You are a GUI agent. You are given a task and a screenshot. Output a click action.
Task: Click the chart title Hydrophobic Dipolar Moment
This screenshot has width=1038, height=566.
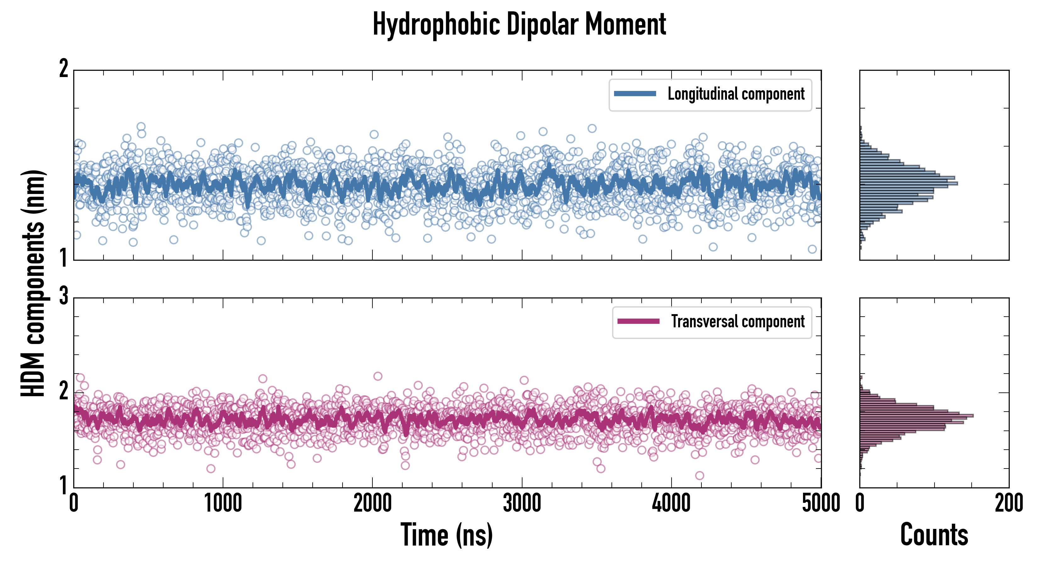519,24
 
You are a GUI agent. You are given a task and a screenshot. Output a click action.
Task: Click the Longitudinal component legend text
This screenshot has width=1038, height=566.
736,94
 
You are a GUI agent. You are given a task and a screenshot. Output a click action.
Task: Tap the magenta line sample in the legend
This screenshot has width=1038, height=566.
638,321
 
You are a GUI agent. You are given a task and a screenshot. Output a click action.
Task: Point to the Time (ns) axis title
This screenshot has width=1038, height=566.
446,535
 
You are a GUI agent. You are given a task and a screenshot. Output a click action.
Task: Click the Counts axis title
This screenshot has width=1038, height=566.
934,535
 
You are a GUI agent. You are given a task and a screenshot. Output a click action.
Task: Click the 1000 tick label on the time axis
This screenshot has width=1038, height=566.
223,503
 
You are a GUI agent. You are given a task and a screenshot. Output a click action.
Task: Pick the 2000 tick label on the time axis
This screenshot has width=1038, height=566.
372,503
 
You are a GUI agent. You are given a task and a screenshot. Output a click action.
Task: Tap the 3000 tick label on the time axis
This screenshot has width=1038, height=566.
522,503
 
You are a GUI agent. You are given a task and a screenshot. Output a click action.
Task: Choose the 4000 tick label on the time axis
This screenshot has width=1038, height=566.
671,503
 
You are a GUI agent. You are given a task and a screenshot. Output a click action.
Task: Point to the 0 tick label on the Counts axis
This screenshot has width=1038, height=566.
860,503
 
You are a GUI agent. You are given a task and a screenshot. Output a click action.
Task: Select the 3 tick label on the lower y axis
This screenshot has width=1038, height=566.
64,296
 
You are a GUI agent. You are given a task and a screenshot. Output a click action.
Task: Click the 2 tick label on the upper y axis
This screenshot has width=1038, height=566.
64,69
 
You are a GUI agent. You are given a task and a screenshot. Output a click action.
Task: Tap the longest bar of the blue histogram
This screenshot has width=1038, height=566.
908,184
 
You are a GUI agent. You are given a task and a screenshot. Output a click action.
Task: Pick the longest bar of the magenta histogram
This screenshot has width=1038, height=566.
916,416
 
